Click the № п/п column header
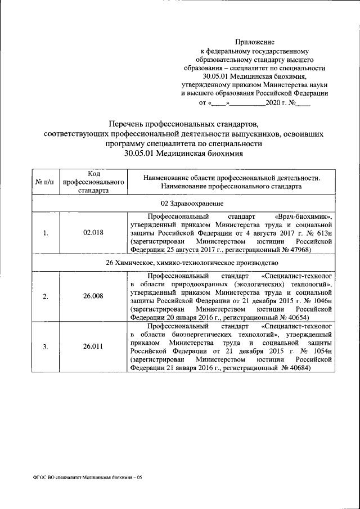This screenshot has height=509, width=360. pyautogui.click(x=46, y=182)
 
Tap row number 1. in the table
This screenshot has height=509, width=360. pyautogui.click(x=46, y=233)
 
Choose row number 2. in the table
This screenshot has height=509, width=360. pyautogui.click(x=46, y=297)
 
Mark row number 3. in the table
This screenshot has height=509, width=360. pyautogui.click(x=46, y=346)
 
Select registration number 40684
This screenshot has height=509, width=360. pyautogui.click(x=298, y=367)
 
